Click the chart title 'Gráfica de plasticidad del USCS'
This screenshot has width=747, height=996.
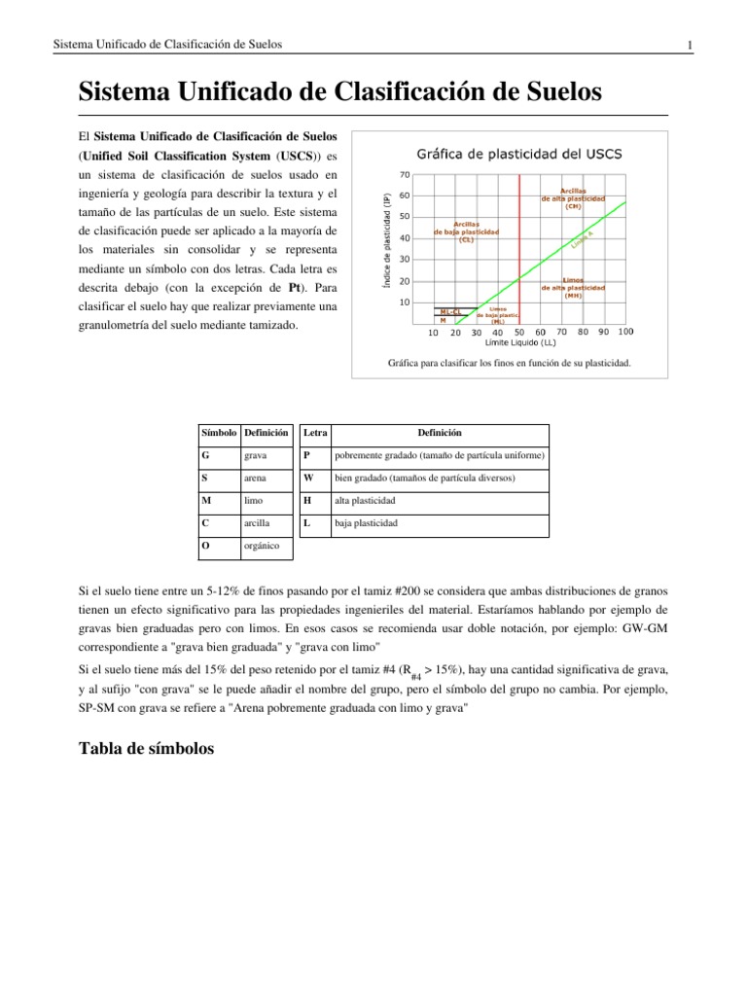click(x=520, y=154)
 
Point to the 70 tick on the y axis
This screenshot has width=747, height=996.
click(x=405, y=175)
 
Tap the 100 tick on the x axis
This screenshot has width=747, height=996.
click(x=625, y=332)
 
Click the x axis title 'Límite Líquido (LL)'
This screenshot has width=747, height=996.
click(x=520, y=342)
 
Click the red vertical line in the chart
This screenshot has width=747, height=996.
click(x=520, y=243)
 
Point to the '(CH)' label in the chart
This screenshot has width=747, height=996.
click(x=573, y=206)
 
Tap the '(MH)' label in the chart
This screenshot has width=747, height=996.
click(x=573, y=296)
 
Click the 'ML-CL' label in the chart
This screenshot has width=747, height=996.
click(x=451, y=311)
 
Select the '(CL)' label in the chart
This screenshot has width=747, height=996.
click(x=467, y=239)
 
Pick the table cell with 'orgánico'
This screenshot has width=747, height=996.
click(x=266, y=546)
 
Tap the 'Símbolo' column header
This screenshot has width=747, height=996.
click(x=218, y=432)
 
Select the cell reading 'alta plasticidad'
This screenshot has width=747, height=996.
click(x=366, y=500)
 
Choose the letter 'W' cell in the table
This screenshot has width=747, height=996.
click(x=308, y=479)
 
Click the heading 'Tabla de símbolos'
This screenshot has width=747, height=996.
click(x=141, y=749)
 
